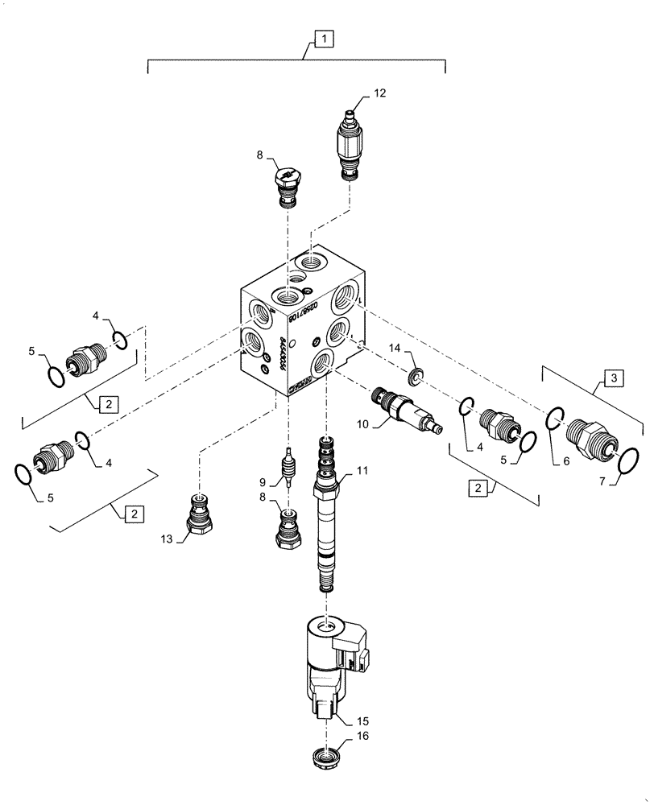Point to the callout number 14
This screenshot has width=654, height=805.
(394, 348)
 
